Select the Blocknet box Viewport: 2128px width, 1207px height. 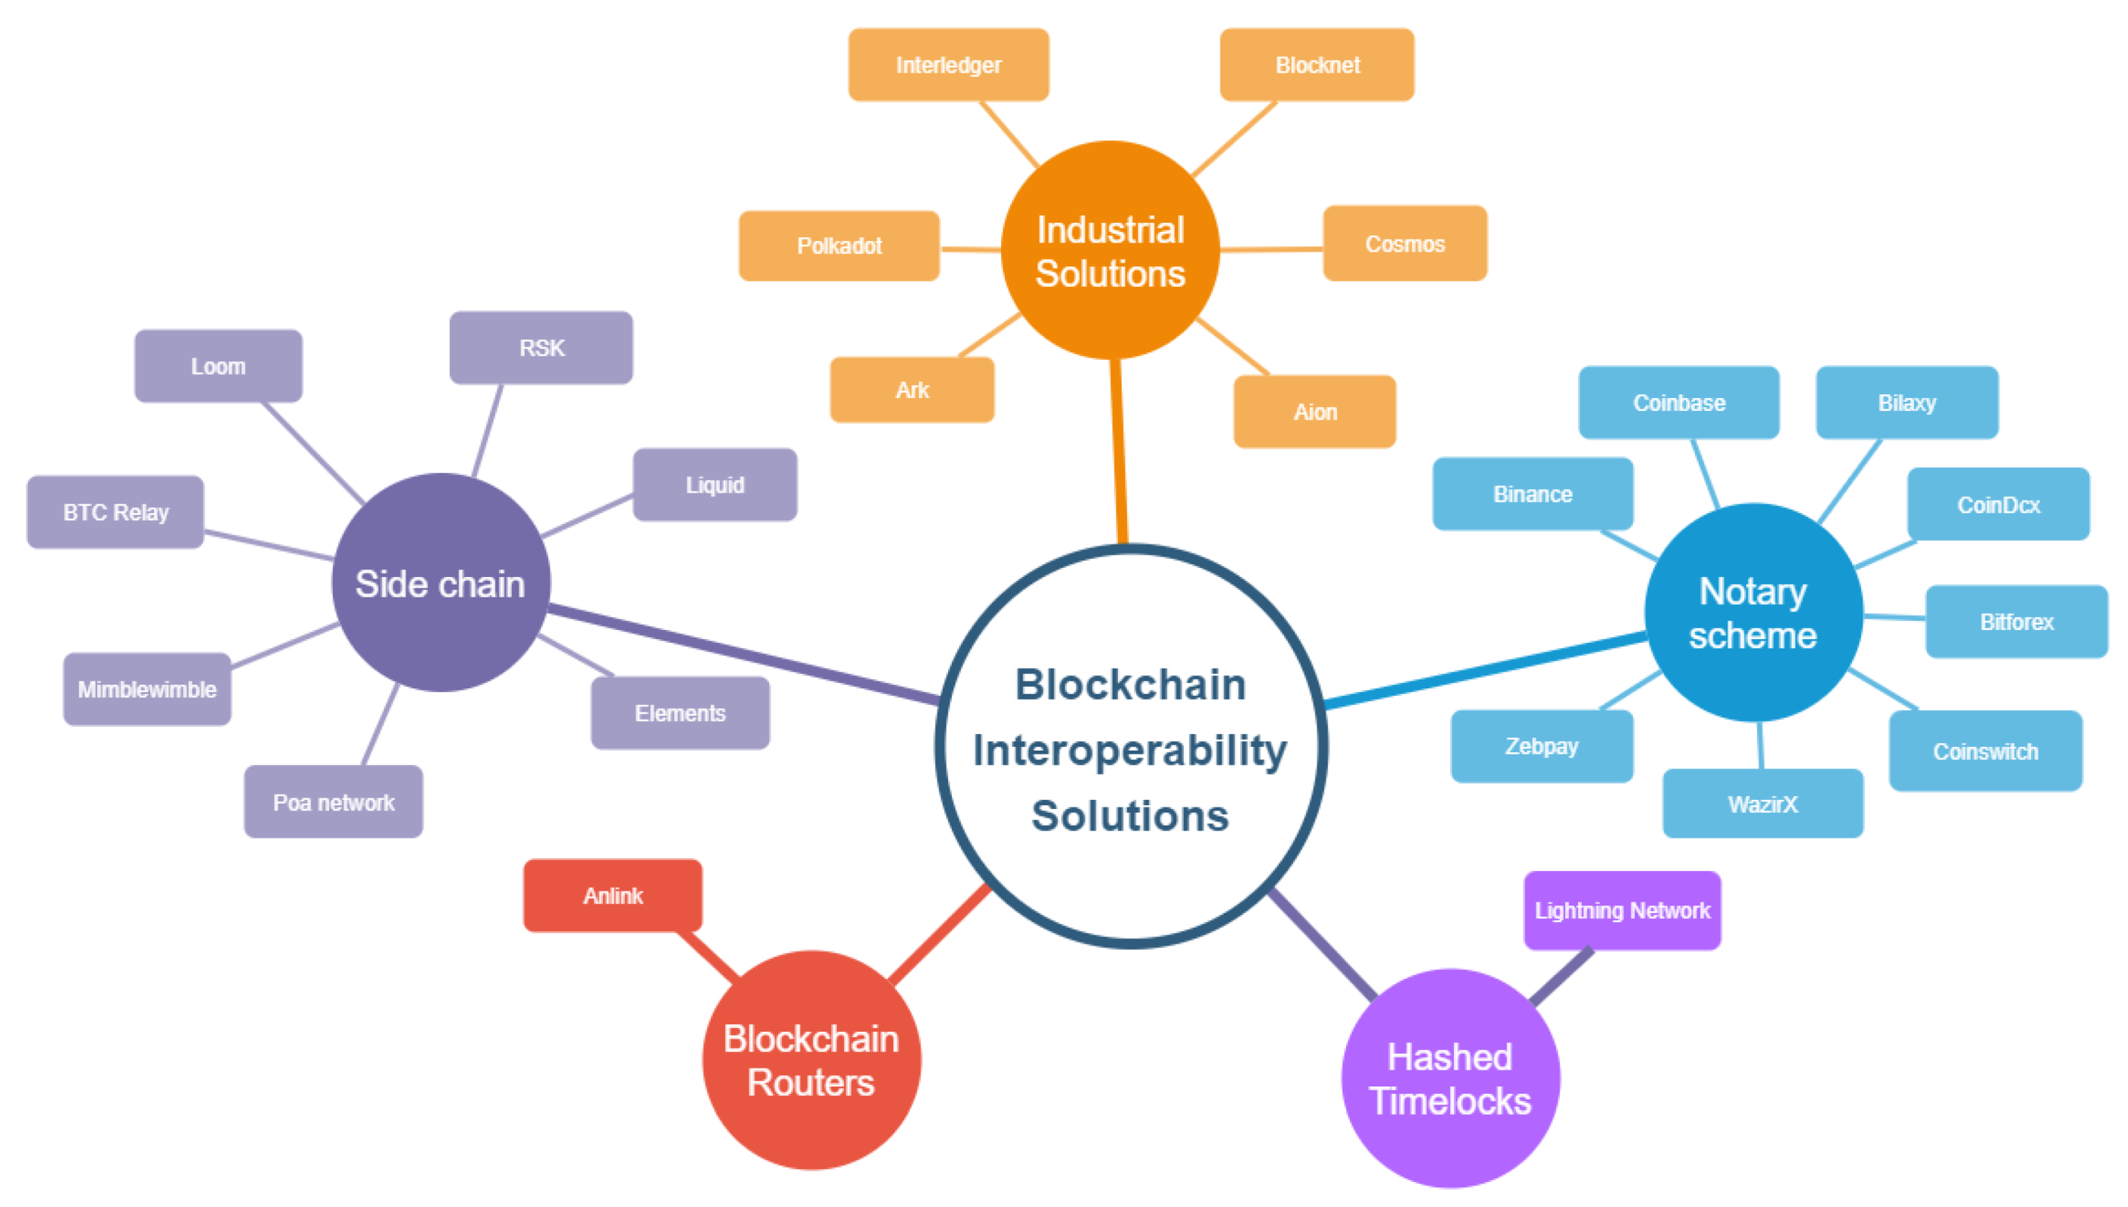[1317, 64]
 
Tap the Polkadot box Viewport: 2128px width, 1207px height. [838, 246]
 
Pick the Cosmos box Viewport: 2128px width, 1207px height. [1405, 243]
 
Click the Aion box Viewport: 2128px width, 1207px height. [1314, 412]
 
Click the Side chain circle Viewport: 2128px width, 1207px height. [440, 583]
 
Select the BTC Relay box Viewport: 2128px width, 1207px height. [115, 512]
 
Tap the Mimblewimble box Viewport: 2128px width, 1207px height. [146, 689]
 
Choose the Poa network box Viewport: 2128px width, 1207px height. [333, 801]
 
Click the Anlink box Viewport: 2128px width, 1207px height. [613, 895]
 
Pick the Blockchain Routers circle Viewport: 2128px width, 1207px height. [811, 1059]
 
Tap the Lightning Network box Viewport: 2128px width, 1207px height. [1621, 911]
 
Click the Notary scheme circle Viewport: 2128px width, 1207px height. [1753, 613]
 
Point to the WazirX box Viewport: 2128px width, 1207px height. [1762, 804]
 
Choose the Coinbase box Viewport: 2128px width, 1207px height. [1679, 403]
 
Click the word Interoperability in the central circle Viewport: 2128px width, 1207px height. [1130, 751]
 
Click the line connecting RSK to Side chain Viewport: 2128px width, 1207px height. [488, 429]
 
